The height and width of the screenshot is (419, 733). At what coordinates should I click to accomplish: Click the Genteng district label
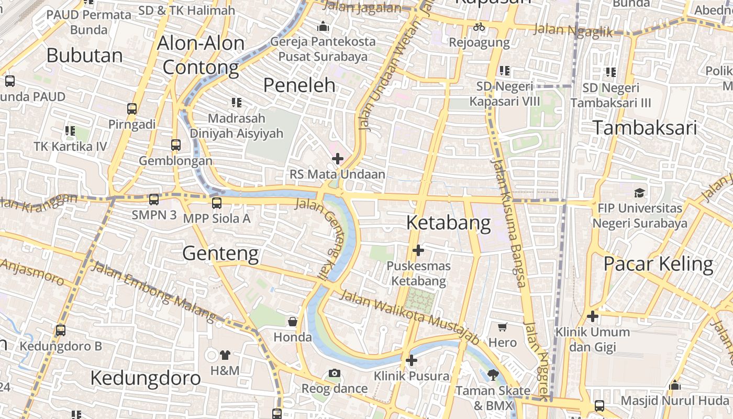[x=220, y=254]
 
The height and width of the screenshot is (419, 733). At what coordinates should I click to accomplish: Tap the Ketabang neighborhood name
[x=449, y=223]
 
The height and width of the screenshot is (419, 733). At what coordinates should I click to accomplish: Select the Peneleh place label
[x=299, y=85]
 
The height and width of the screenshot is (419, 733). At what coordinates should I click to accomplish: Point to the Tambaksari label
[x=645, y=128]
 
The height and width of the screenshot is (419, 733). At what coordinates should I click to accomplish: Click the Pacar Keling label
[x=658, y=264]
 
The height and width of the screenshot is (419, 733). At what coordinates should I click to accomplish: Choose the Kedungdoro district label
[x=146, y=378]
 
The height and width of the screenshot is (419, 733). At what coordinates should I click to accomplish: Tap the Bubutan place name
[x=85, y=56]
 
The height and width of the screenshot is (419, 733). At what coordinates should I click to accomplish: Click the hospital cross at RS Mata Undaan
[x=338, y=158]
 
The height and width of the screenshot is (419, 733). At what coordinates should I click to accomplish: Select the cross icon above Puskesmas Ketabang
[x=418, y=250]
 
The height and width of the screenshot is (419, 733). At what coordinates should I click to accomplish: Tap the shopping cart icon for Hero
[x=503, y=327]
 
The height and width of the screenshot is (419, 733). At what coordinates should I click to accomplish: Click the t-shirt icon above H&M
[x=225, y=355]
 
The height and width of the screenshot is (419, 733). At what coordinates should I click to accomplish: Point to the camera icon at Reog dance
[x=334, y=373]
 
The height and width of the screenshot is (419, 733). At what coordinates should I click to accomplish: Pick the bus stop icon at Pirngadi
[x=132, y=109]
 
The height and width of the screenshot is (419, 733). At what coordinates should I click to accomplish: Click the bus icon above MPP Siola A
[x=217, y=203]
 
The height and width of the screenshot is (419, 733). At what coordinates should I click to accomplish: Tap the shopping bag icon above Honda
[x=293, y=321]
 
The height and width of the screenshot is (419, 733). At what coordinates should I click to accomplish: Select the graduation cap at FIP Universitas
[x=639, y=192]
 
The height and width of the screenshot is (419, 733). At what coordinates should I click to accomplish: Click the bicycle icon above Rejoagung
[x=479, y=27]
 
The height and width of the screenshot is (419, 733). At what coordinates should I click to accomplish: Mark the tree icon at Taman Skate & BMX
[x=492, y=374]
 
